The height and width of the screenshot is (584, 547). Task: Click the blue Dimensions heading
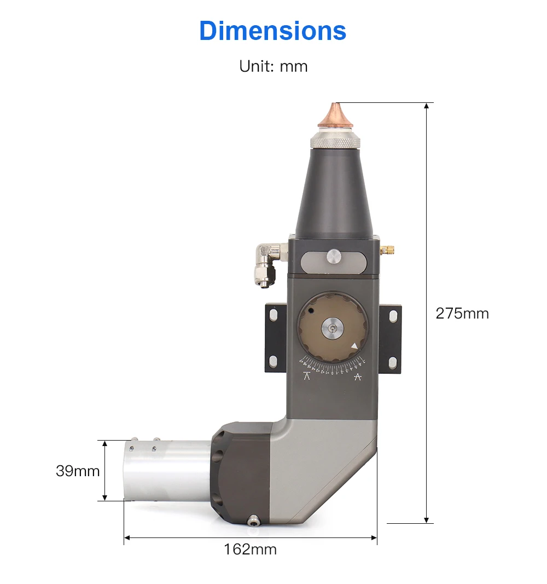[272, 31]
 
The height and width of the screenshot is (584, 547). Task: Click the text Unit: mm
[273, 66]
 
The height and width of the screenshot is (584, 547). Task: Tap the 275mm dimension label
[462, 313]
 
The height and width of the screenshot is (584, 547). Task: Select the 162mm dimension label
[250, 549]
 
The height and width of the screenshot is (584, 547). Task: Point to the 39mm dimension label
[78, 471]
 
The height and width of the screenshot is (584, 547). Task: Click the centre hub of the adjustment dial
[333, 328]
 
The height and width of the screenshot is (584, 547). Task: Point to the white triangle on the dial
[354, 346]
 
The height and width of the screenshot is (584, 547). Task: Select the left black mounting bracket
[275, 338]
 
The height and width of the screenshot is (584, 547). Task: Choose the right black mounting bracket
[392, 338]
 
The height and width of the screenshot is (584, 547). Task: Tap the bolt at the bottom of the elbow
[253, 521]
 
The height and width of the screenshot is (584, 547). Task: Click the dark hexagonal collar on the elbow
[241, 472]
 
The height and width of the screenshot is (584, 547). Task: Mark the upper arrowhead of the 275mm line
[427, 106]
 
